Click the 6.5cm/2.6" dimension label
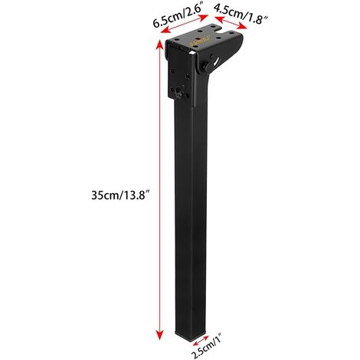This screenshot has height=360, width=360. click(178, 13)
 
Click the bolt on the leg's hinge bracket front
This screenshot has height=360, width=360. click(178, 94)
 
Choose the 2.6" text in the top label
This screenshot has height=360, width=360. click(197, 12)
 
